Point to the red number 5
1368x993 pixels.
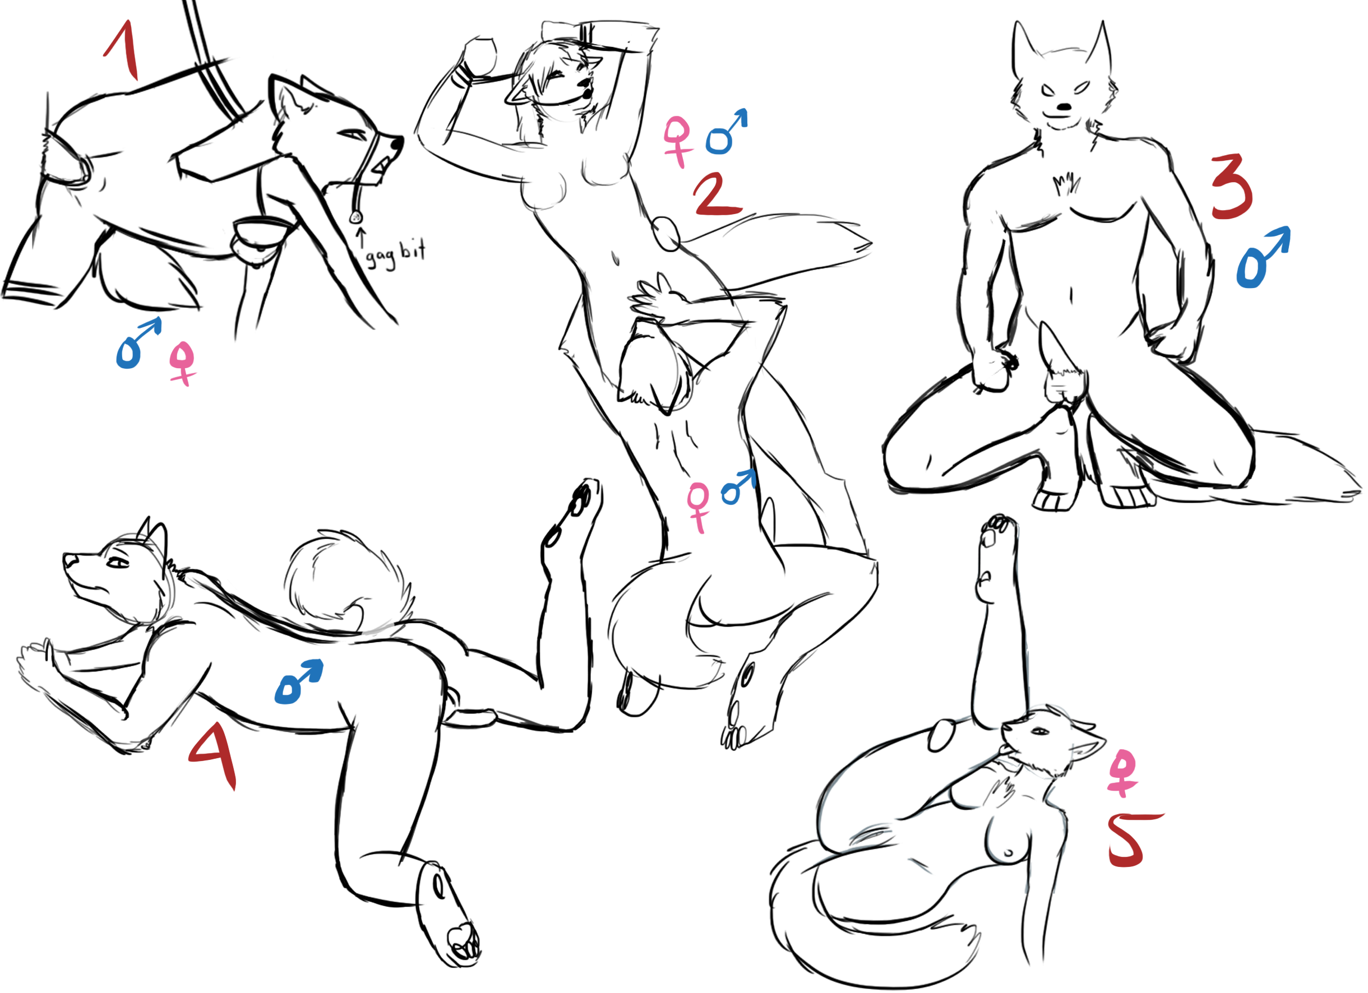pos(1135,841)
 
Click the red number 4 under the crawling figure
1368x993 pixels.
pos(214,757)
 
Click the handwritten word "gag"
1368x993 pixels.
pos(381,257)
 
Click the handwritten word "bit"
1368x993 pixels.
pos(413,249)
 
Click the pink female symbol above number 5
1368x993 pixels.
pos(1122,773)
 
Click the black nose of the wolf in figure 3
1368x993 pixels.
pos(1066,108)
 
